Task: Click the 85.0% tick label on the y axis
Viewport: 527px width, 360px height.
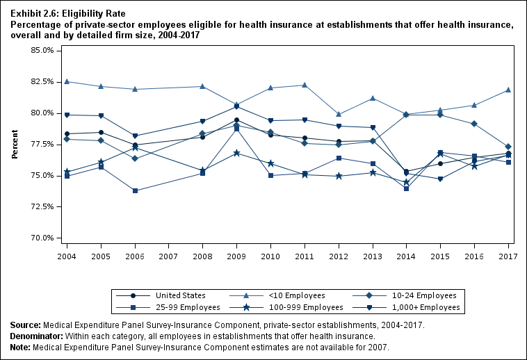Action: [x=43, y=51]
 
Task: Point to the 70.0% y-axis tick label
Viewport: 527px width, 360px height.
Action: [x=43, y=238]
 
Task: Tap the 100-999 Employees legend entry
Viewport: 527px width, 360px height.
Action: [x=298, y=307]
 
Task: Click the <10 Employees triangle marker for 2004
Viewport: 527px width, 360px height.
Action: [x=67, y=81]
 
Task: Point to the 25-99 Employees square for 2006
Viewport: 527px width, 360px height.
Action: [x=135, y=190]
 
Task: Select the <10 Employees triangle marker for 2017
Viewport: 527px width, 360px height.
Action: [x=508, y=90]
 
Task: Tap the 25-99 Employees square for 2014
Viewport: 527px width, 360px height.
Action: [x=406, y=188]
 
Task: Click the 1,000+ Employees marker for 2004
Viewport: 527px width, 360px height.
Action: [x=67, y=115]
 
